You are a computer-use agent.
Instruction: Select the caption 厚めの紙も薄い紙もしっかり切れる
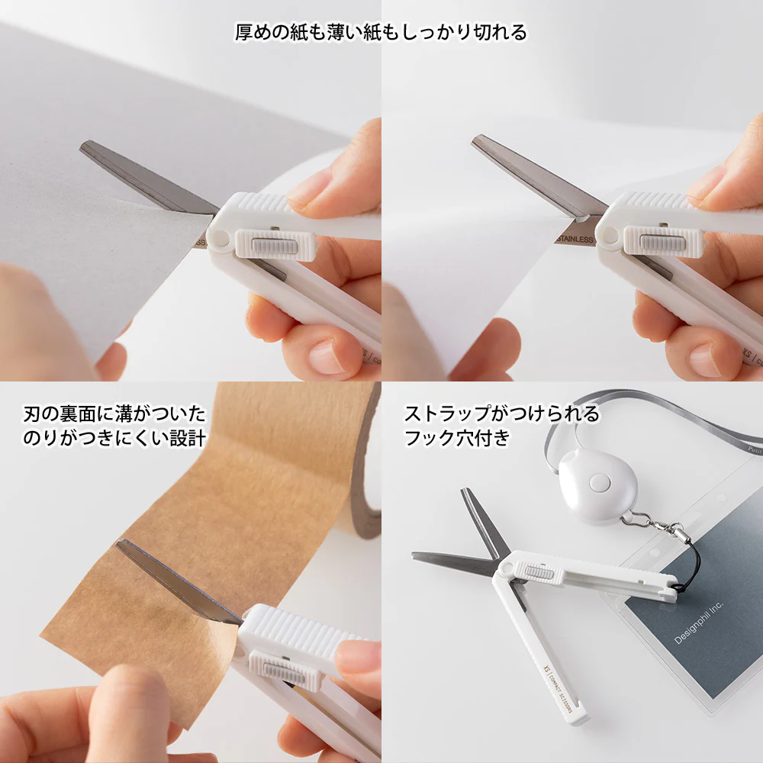(x=381, y=32)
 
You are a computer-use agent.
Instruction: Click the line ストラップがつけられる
(x=501, y=414)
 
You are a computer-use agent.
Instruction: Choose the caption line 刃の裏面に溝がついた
(x=114, y=414)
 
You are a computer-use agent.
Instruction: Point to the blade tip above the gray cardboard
(x=86, y=145)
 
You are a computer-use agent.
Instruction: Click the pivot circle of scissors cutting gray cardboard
(x=221, y=238)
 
